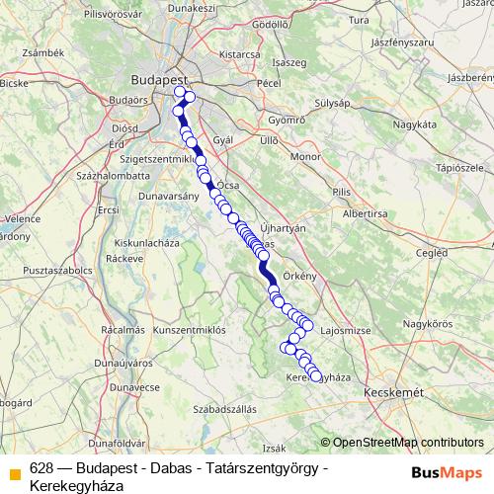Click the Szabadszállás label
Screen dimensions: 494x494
(225, 408)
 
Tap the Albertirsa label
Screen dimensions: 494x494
(367, 212)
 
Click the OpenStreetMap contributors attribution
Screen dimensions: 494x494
(408, 443)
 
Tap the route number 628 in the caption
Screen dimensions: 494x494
(41, 468)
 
